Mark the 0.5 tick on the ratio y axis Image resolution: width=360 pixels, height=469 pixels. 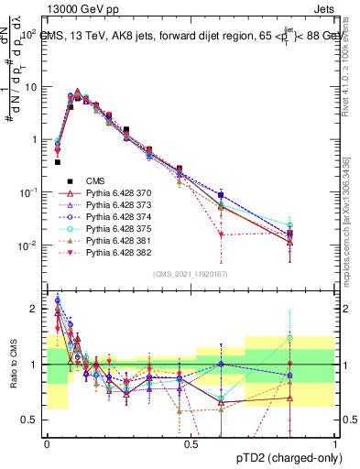(33, 420)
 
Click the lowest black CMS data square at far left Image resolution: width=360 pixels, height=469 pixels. (58, 162)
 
